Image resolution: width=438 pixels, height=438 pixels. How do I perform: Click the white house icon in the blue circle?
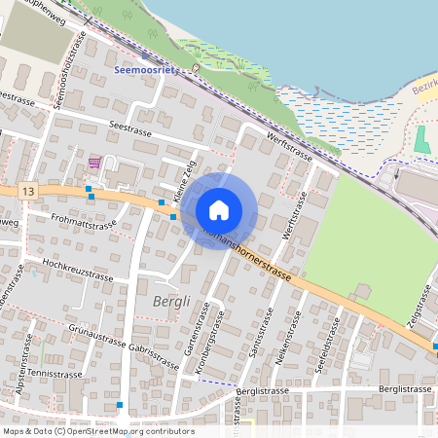pyautogui.click(x=219, y=209)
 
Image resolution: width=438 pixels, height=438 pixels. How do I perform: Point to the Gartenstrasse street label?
pyautogui.click(x=202, y=327)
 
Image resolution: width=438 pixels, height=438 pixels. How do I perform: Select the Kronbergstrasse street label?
pyautogui.click(x=217, y=336)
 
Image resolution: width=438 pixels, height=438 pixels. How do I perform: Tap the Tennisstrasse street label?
pyautogui.click(x=54, y=374)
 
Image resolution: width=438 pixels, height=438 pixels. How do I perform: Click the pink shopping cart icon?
pyautogui.click(x=94, y=163)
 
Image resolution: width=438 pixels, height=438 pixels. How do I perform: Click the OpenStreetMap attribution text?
pyautogui.click(x=97, y=431)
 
